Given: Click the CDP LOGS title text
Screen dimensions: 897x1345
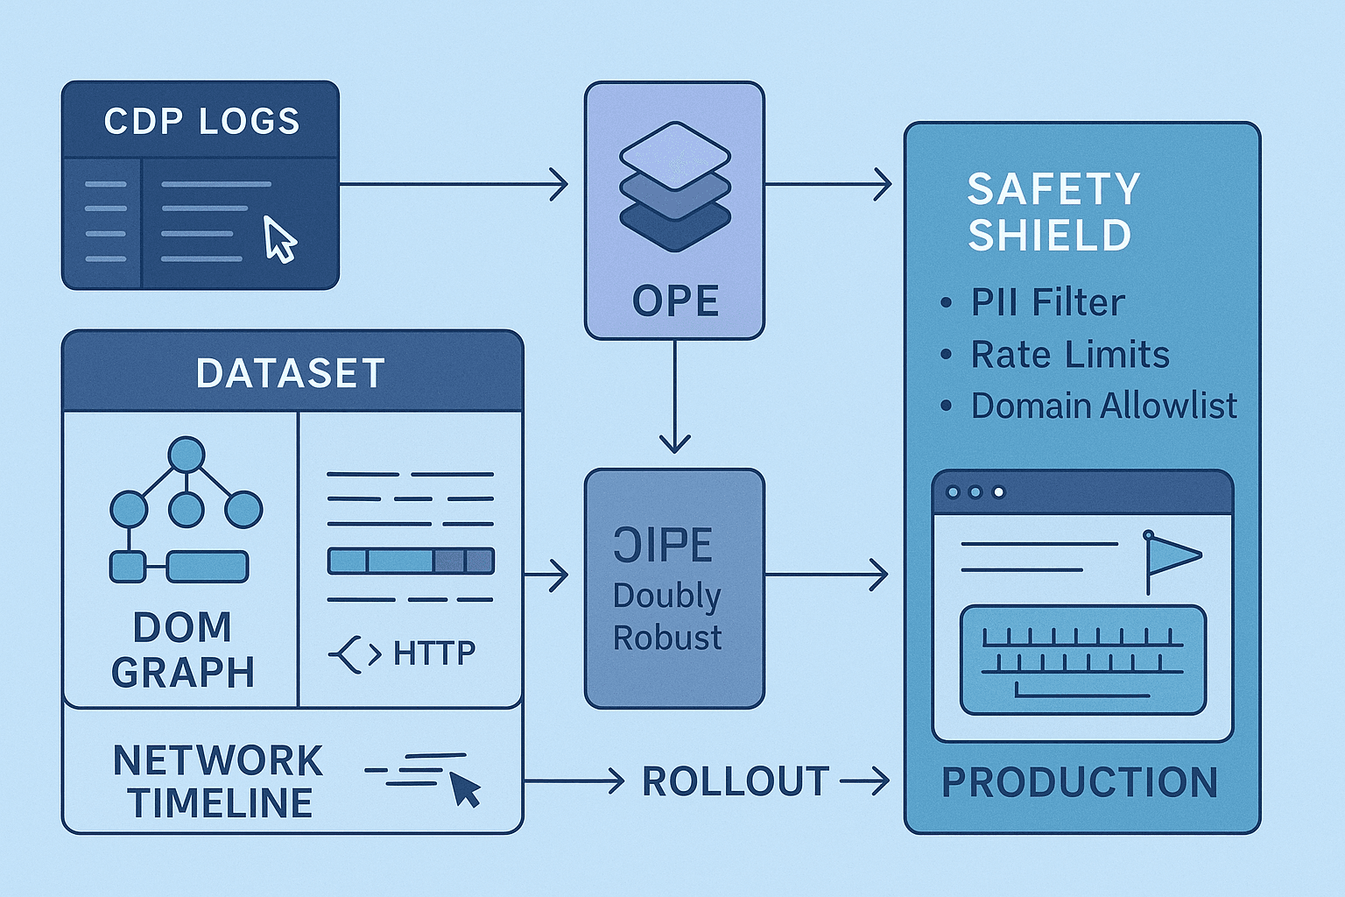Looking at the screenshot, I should [x=201, y=122].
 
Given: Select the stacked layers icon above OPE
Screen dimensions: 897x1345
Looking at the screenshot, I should [x=674, y=186].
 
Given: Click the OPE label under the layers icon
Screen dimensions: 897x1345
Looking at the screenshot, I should [x=675, y=301].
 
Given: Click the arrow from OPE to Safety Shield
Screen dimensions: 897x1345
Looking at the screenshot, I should [x=827, y=185].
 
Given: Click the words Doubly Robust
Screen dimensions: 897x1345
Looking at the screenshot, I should [x=667, y=617].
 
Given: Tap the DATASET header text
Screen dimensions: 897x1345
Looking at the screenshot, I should [x=291, y=373].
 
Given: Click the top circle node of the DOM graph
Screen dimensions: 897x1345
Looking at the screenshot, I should [x=187, y=456].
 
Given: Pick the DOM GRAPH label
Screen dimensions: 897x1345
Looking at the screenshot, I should [x=183, y=650].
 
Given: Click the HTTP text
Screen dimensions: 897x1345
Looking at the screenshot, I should [x=433, y=653].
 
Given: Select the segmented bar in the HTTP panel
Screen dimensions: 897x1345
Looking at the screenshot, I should [x=411, y=561].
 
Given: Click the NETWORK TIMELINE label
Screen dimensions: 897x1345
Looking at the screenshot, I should [x=219, y=781].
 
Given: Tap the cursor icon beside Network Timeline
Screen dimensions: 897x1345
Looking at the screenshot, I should [x=464, y=788].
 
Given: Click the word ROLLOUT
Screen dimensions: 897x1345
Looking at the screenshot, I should [x=736, y=781].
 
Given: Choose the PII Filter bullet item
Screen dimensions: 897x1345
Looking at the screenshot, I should [x=1047, y=303].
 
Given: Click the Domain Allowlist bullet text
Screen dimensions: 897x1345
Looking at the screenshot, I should [x=1103, y=406].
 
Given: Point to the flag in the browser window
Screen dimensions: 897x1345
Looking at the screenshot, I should [x=1172, y=554].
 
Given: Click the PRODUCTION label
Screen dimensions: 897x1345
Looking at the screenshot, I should [x=1079, y=782].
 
